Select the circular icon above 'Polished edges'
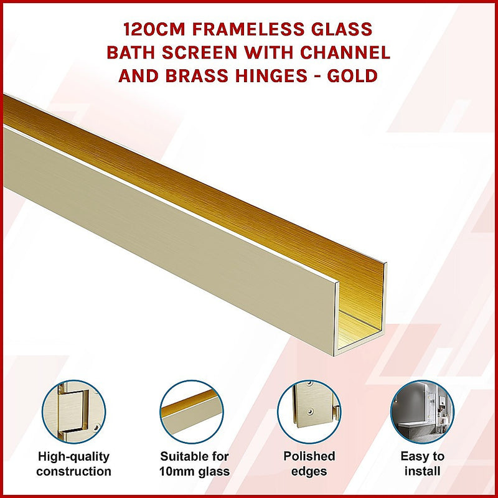pyautogui.click(x=309, y=411)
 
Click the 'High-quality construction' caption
pyautogui.click(x=73, y=464)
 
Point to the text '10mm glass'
pyautogui.click(x=194, y=471)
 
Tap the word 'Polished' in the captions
pyautogui.click(x=309, y=456)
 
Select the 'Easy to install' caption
pyautogui.click(x=422, y=464)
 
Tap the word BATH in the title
pyautogui.click(x=130, y=52)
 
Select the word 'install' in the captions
pyautogui.click(x=422, y=471)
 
